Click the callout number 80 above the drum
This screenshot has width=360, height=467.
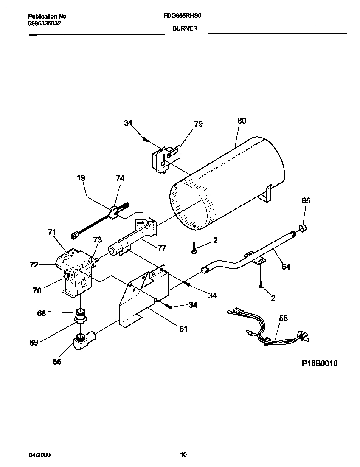[241, 121]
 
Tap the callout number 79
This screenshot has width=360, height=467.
[198, 124]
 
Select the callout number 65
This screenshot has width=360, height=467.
[306, 200]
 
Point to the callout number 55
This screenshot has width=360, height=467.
[283, 318]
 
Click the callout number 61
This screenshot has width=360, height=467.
[183, 328]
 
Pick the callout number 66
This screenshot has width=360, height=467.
[56, 361]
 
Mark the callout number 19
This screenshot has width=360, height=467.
[81, 178]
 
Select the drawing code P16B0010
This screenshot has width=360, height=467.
[320, 363]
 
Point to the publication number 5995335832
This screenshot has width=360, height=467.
[45, 24]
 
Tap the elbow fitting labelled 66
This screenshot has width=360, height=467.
[83, 341]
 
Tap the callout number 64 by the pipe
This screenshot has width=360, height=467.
[286, 267]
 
